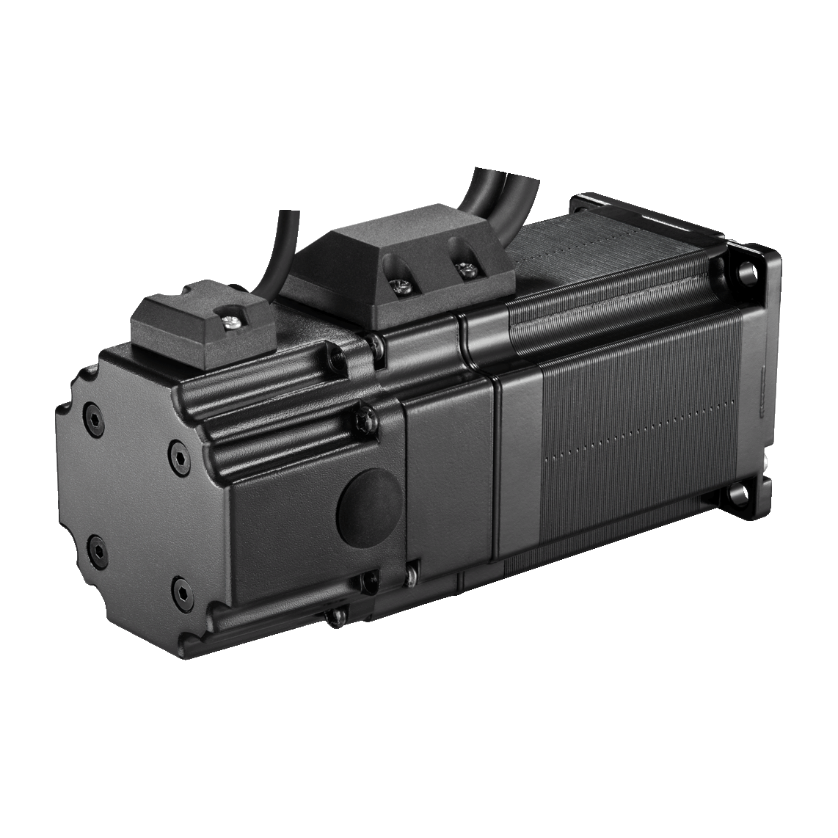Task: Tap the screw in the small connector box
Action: [x=233, y=318]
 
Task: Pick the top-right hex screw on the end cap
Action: [x=175, y=448]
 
